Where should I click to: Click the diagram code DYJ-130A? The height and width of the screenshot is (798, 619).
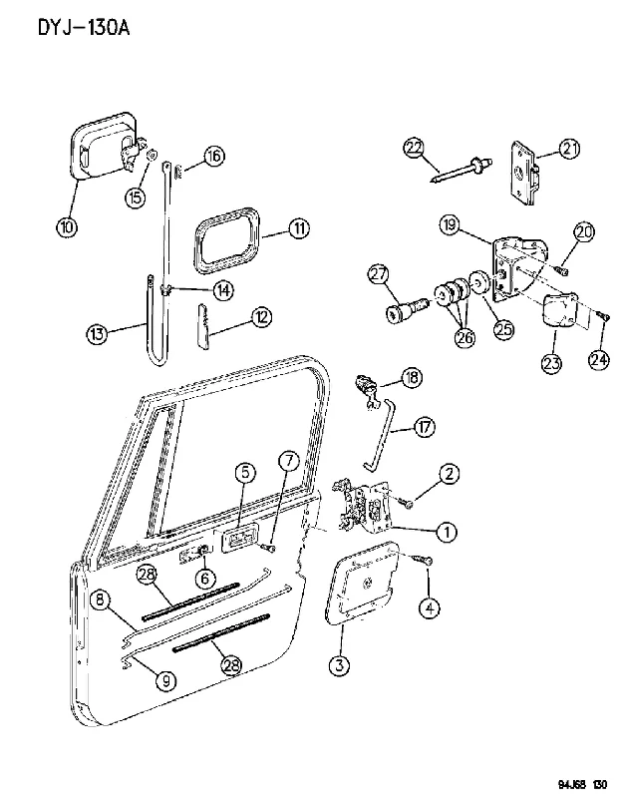(84, 28)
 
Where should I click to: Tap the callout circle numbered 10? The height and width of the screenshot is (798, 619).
(67, 226)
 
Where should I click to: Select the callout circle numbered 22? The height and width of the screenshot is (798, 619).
(414, 149)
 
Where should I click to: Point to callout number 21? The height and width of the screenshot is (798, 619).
(570, 149)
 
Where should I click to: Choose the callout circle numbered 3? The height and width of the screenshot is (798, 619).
(339, 665)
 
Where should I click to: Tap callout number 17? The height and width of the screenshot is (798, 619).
(425, 427)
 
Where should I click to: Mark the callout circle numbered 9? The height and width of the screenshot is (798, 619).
(166, 681)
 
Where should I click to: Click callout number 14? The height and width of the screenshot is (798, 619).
(223, 290)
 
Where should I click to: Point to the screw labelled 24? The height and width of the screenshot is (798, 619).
(602, 316)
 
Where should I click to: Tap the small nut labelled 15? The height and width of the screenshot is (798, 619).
(153, 155)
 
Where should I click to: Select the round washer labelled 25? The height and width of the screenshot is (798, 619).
(479, 283)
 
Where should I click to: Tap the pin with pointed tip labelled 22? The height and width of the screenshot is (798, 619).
(460, 172)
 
